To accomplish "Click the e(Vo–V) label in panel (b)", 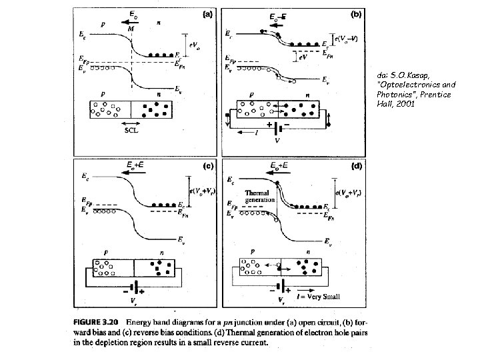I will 347,39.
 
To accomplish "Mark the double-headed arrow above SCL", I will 131,124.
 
